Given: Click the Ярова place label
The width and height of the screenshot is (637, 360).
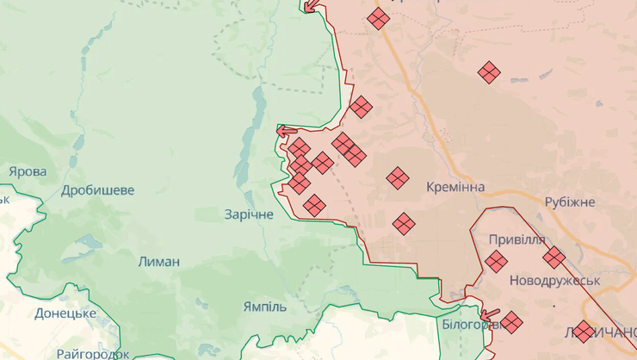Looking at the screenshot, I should [28, 171].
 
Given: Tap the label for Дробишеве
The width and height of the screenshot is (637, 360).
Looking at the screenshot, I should [97, 189].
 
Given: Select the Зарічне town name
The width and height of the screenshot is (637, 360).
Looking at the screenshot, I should [249, 214].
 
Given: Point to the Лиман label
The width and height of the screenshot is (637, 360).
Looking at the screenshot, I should [159, 261].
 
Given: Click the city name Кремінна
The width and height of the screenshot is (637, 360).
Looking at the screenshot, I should [455, 187].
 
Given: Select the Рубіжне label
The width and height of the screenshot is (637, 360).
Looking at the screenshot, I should [570, 202].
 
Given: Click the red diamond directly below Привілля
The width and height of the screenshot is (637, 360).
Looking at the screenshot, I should [496, 261].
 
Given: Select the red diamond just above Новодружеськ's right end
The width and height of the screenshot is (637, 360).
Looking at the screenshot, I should [554, 258].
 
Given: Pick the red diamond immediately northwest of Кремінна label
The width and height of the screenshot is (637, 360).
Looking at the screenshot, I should [397, 178].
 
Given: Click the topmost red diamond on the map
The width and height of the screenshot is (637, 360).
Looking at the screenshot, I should [378, 18].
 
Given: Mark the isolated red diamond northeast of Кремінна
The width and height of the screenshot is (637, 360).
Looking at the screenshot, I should [490, 73].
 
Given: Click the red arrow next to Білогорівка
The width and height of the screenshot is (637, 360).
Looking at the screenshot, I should [490, 315].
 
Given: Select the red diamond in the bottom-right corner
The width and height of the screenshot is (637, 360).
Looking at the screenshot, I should [584, 332].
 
